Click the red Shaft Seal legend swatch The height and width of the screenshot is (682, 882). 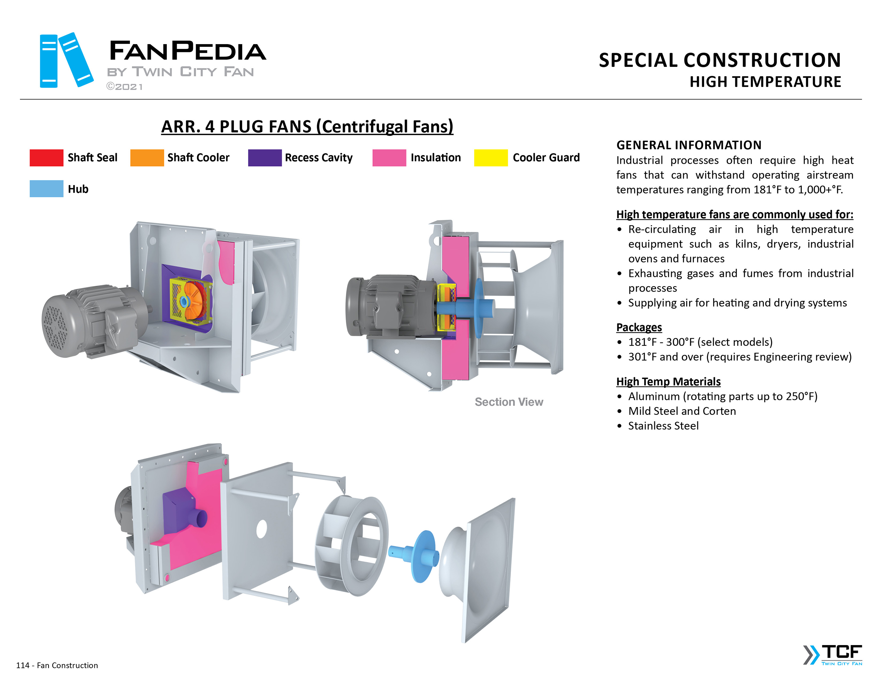[x=47, y=158]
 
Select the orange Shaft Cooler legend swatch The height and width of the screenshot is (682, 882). [x=147, y=158]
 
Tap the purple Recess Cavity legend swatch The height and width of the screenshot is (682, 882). [x=265, y=158]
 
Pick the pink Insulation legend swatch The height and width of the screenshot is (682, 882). [x=389, y=158]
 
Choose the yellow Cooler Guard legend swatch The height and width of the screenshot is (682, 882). [x=491, y=158]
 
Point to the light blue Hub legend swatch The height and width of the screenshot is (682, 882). [x=47, y=189]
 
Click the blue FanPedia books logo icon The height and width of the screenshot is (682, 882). [x=66, y=60]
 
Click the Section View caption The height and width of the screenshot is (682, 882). [x=509, y=402]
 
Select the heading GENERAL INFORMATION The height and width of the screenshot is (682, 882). [x=689, y=145]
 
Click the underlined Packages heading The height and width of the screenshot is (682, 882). [x=639, y=327]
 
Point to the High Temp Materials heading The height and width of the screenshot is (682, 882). [x=668, y=382]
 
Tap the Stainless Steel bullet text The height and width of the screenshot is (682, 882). [x=663, y=426]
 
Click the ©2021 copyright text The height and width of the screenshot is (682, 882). [x=124, y=87]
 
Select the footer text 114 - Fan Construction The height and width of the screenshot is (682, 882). [x=57, y=665]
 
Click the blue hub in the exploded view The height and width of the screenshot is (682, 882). [x=420, y=556]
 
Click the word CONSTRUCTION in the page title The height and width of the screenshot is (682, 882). [x=762, y=60]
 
